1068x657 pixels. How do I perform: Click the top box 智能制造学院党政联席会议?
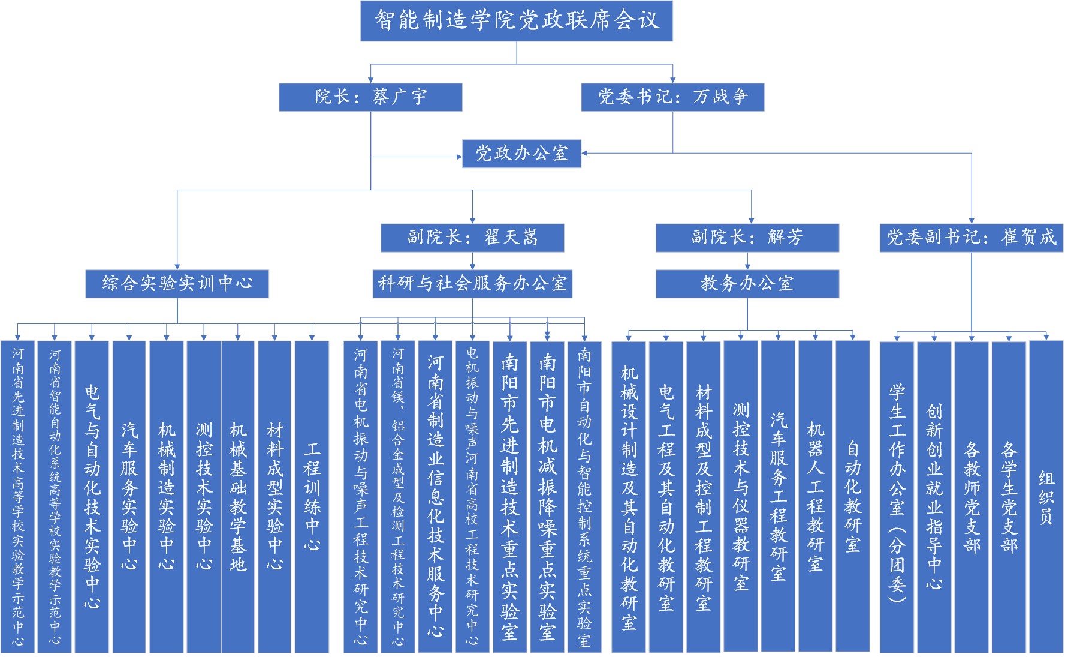point(516,21)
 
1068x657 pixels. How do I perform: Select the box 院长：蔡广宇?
point(370,97)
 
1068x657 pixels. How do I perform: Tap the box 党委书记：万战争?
point(672,97)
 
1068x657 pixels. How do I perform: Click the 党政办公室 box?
point(521,154)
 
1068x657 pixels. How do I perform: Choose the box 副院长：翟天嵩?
point(472,238)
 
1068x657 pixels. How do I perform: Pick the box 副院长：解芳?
point(747,238)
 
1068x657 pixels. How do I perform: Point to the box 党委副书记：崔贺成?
point(972,238)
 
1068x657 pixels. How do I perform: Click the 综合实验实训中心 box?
point(177,284)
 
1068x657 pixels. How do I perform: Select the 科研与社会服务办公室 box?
point(472,284)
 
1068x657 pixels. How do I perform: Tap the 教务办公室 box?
point(747,284)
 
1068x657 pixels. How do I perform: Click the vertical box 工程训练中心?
point(312,497)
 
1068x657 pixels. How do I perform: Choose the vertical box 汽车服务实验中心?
point(129,497)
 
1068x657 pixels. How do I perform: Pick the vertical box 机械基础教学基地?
point(238,497)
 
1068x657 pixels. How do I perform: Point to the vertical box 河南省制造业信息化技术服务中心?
point(435,497)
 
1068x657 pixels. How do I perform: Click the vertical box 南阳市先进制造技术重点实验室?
point(509,497)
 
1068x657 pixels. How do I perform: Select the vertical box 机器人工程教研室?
point(815,496)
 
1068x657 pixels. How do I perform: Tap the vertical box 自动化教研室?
point(852,496)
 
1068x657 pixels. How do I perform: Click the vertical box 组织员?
point(1046,497)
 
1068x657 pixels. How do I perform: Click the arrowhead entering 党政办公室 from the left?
point(459,157)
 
